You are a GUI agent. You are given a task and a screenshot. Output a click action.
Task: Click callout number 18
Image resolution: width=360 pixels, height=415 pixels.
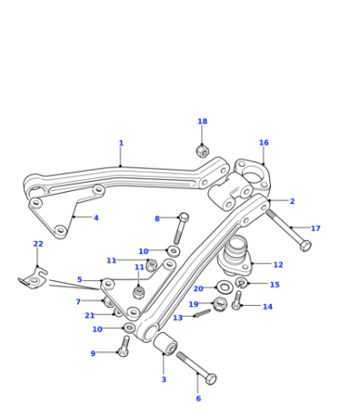click(203, 121)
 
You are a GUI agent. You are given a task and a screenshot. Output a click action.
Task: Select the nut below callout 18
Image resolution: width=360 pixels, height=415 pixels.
click(202, 151)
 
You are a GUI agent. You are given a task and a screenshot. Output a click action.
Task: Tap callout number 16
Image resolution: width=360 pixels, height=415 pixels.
click(264, 143)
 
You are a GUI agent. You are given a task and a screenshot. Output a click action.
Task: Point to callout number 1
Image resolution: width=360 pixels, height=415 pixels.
click(121, 143)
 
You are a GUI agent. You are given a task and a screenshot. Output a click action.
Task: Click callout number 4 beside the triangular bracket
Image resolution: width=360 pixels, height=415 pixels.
click(96, 218)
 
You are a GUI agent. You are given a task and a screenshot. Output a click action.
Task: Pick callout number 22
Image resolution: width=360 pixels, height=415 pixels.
click(38, 244)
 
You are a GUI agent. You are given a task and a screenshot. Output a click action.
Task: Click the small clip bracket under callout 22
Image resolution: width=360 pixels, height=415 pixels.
click(33, 279)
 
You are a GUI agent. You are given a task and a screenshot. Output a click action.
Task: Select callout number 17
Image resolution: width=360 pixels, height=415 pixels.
click(315, 228)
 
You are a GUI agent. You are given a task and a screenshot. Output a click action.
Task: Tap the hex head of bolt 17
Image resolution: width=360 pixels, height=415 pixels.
click(305, 245)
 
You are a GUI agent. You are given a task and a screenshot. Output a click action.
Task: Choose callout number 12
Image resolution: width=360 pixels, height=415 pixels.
click(278, 265)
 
